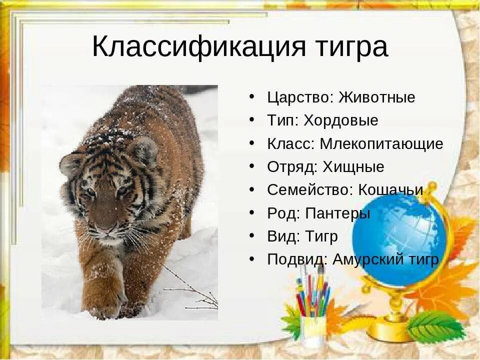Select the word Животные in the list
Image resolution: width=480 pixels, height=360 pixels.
(x=376, y=97)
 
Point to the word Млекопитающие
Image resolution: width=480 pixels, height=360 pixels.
(x=381, y=144)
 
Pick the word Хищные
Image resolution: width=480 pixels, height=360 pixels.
(x=353, y=167)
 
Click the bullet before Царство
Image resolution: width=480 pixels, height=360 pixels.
(x=253, y=96)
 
